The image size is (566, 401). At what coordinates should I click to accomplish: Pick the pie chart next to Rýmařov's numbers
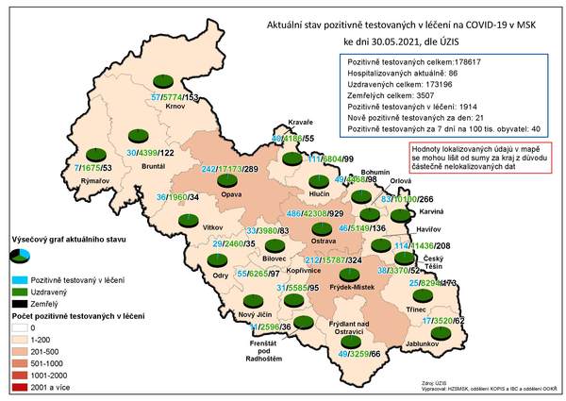[x=95, y=153]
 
